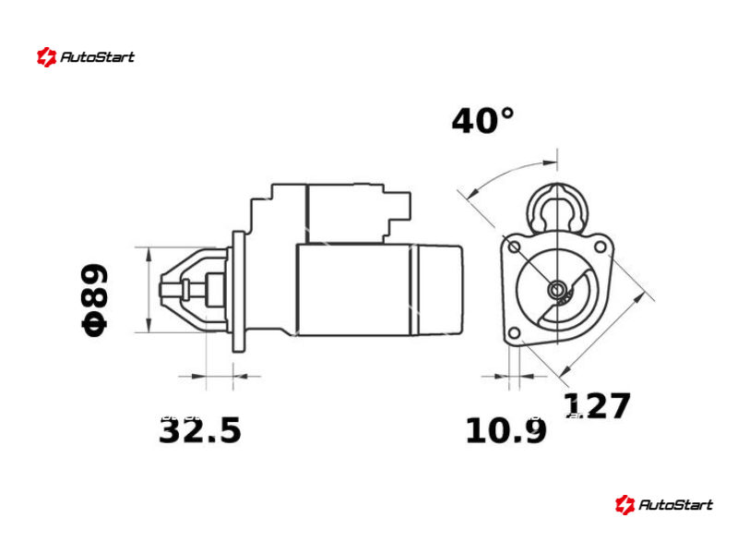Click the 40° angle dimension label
coord(482,121)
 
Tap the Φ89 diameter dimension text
coord(95,300)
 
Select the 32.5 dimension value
coord(200,430)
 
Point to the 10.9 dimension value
coord(506,430)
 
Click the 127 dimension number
coord(597,405)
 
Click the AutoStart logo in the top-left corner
coord(86,57)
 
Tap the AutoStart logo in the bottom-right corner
coord(663,504)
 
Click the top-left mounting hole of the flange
coord(515,247)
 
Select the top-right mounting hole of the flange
coord(601,247)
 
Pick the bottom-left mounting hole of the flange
coord(515,333)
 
